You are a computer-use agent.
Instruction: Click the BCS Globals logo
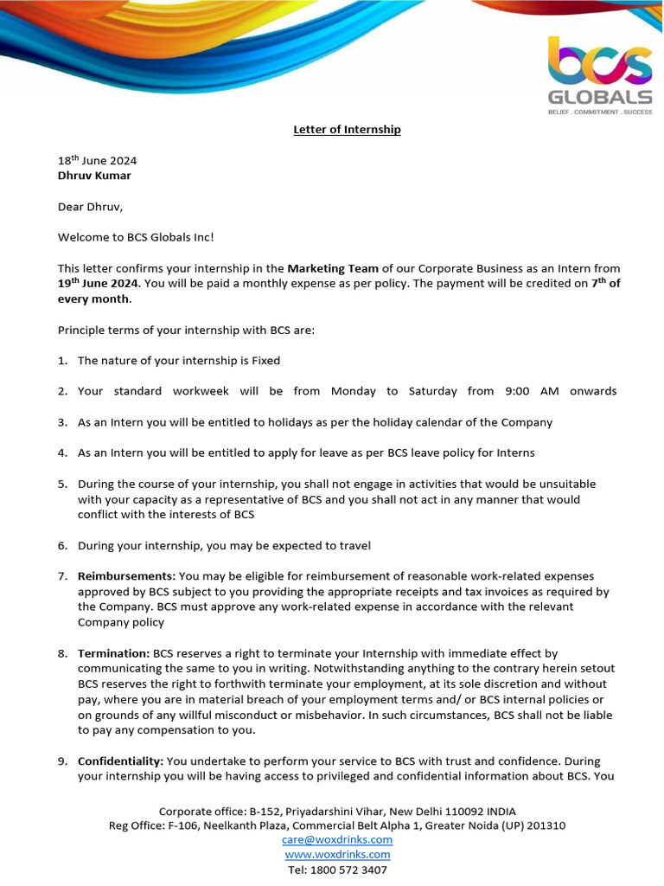pos(600,74)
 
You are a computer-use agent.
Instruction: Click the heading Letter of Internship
pos(345,130)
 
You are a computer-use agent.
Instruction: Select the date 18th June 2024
pos(97,160)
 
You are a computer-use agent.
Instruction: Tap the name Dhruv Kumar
pos(94,175)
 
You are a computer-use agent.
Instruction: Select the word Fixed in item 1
pos(265,360)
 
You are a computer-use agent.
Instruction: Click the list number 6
pos(62,545)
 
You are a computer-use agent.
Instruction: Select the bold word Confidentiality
pos(120,761)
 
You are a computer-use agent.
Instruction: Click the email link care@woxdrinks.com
pos(337,839)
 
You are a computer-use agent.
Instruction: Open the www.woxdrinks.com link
pos(337,854)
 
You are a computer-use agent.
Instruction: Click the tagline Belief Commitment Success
pos(600,112)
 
